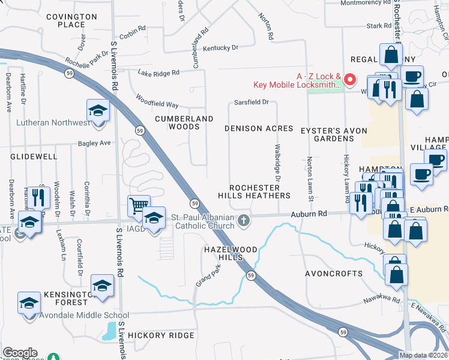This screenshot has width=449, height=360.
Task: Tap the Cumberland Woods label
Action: point(184,122)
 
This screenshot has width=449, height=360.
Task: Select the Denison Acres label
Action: point(259,128)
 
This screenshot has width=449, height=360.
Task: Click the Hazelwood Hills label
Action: point(231,253)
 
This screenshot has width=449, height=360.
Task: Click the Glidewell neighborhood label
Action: point(34,156)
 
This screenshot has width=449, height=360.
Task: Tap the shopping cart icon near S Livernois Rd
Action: point(138,206)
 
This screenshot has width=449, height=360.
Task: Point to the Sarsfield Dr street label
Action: point(252,102)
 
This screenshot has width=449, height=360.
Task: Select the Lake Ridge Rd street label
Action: point(158,73)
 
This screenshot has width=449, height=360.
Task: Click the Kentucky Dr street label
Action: point(220,48)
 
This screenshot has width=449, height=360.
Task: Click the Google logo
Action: point(20,353)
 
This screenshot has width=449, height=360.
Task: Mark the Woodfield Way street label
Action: point(157,100)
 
